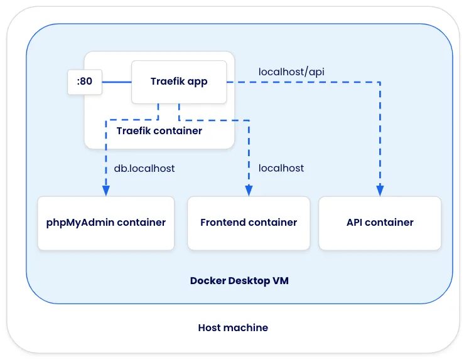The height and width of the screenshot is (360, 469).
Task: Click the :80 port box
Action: pos(85,82)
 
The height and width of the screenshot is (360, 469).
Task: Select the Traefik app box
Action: pos(178,82)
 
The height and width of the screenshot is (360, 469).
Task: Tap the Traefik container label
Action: pos(159,131)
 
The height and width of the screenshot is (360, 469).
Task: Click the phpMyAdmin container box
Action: pos(105,223)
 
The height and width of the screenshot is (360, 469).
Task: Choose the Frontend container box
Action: pos(249,223)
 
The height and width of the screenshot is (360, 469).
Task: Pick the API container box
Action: pos(380,223)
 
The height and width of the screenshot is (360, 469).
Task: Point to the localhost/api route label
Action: pos(291,71)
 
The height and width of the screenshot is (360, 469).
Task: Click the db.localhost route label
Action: pos(144,168)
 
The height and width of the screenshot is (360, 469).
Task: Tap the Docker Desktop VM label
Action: pos(239,281)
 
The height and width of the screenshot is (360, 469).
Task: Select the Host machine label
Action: pos(233,327)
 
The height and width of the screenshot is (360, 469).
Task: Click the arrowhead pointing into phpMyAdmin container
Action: pos(106,191)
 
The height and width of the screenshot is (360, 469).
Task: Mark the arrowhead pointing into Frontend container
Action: pos(249,191)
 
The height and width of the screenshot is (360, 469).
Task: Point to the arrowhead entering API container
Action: pos(380,191)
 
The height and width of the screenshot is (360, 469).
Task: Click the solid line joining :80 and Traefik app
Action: pos(116,82)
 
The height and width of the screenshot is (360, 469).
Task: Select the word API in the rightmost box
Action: pos(355,223)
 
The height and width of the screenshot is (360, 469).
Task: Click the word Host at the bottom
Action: pos(210,327)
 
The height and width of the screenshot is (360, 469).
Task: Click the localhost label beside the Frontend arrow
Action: pos(281,168)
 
